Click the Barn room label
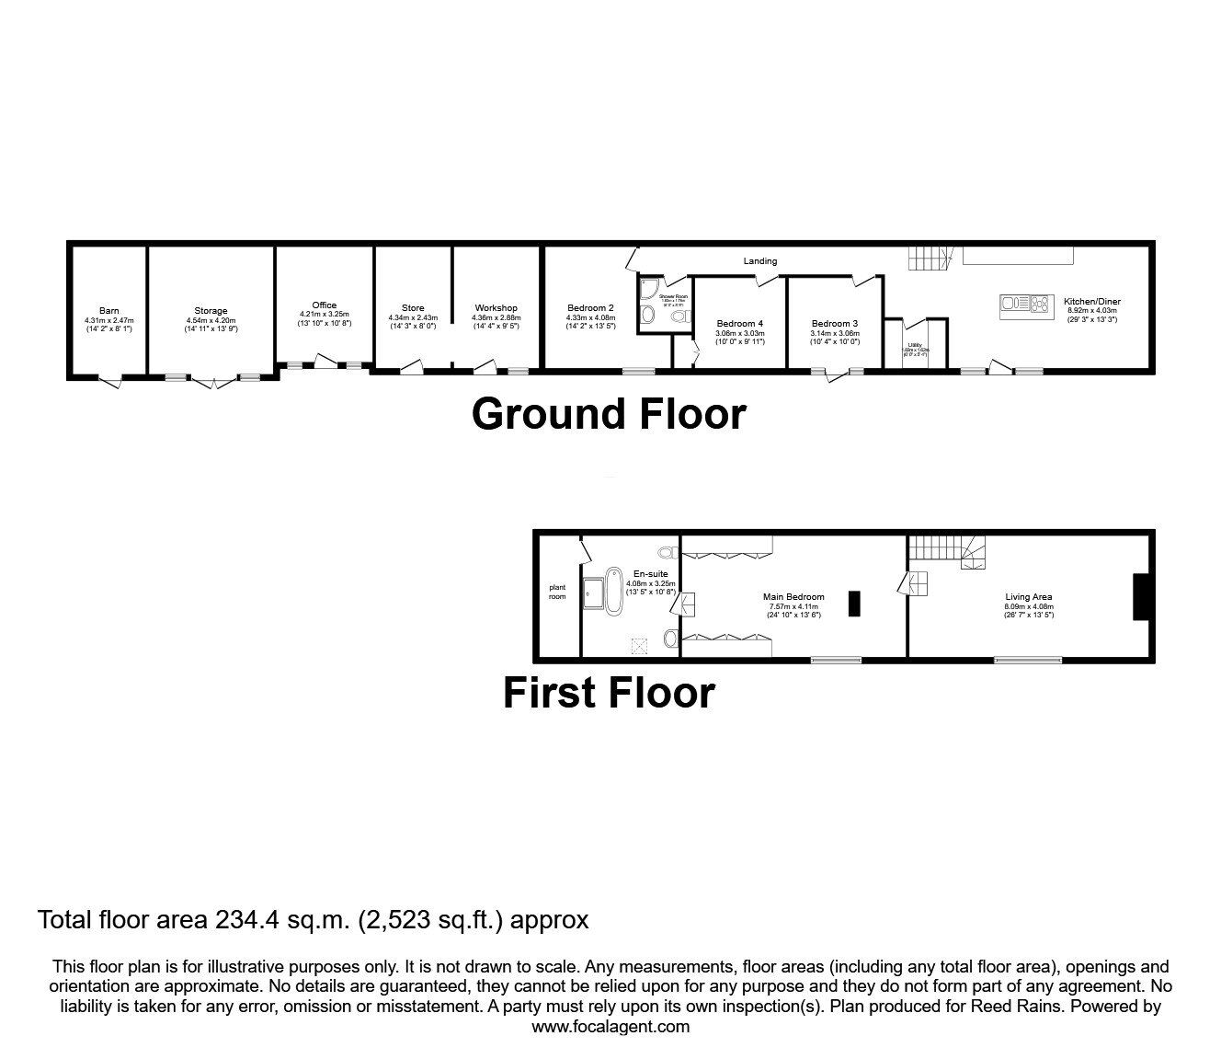(109, 311)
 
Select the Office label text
(324, 305)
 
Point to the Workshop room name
(496, 307)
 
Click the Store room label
(413, 308)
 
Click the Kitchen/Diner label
(1091, 301)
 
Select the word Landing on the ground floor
(760, 261)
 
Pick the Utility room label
(915, 344)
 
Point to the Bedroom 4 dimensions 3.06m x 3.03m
(740, 333)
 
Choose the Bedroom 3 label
(834, 323)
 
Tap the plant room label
(558, 592)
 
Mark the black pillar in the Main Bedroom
(854, 604)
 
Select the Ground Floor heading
(609, 414)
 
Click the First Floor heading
(609, 693)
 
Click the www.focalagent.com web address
(610, 1027)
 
